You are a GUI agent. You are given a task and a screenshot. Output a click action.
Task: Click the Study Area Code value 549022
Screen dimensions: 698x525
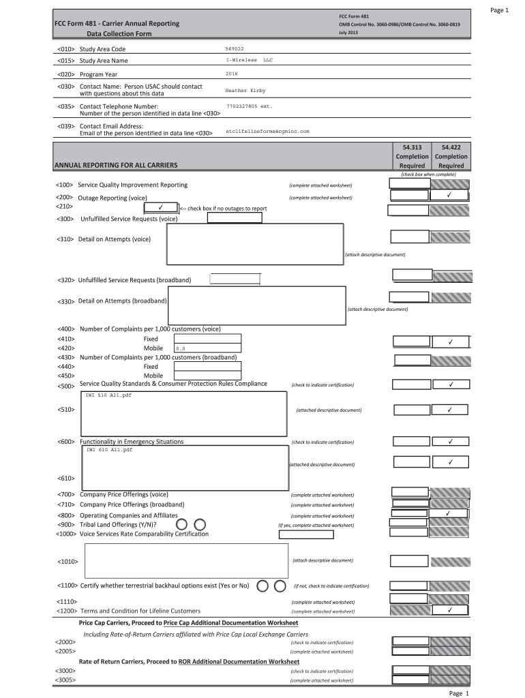coord(235,49)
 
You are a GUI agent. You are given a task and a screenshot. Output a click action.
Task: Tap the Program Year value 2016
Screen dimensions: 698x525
coord(231,73)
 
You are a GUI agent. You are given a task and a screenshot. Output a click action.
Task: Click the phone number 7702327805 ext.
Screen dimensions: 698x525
coord(249,106)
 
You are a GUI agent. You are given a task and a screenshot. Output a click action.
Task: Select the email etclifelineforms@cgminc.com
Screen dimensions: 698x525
coord(267,131)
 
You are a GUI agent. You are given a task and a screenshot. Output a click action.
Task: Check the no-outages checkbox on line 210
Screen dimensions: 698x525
coord(158,207)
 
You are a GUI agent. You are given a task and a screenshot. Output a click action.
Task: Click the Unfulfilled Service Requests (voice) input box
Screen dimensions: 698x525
coord(234,218)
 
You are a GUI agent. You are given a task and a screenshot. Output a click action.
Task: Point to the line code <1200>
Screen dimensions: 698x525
coord(67,611)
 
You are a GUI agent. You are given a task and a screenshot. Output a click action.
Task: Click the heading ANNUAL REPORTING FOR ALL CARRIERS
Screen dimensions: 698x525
coord(116,166)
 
